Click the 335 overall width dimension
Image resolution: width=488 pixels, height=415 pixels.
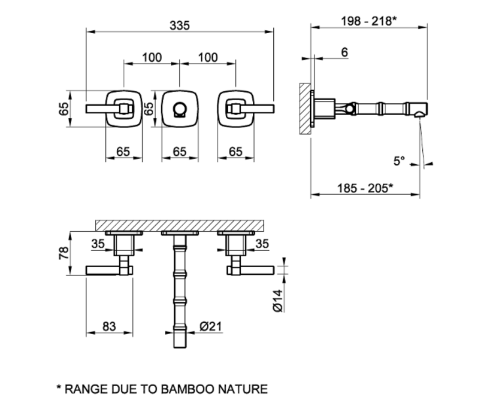pos(180,25)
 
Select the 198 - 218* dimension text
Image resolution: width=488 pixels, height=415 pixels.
pos(369,21)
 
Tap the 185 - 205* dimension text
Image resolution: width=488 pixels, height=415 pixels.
pos(365,188)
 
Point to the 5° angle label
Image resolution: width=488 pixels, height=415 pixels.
pos(399,161)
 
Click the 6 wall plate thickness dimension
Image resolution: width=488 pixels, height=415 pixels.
pos(344,52)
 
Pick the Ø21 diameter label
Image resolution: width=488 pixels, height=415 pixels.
pos(211,326)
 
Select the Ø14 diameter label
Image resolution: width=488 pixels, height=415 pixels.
pos(278,300)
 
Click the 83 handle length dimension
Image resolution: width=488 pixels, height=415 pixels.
pos(109,326)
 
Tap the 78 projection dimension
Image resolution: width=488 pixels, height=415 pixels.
pos(64,253)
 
